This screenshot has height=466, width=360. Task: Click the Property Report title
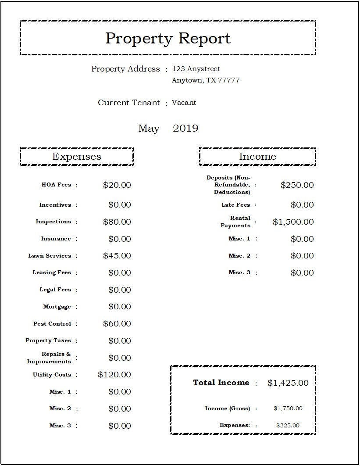168,38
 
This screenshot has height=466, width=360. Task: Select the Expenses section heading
77,157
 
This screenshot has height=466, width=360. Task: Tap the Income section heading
257,157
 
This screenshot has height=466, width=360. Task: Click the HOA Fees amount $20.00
117,185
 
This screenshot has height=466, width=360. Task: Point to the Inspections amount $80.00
117,222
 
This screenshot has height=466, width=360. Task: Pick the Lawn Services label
50,256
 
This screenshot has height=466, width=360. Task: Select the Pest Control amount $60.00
117,324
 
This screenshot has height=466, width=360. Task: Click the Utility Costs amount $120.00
114,375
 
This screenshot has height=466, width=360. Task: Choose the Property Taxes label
48,341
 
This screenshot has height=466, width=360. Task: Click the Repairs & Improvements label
49,358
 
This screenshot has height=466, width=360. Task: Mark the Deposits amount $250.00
297,185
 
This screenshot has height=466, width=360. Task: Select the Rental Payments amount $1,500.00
293,222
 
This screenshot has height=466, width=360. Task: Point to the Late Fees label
236,205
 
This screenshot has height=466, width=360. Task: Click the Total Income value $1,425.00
288,383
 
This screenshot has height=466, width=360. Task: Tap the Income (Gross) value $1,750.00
288,409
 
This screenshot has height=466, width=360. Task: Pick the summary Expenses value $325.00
288,425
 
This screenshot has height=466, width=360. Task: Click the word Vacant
184,103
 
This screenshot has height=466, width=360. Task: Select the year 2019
185,129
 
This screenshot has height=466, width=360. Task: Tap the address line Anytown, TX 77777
206,80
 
